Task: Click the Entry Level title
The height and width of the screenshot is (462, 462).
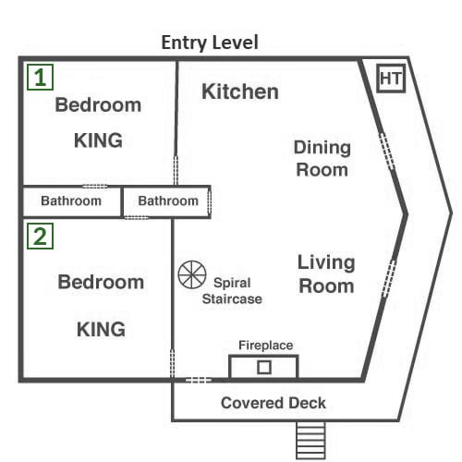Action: tap(210, 43)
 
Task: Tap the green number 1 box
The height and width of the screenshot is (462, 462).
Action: tap(41, 78)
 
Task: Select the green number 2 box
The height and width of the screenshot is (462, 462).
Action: tap(41, 237)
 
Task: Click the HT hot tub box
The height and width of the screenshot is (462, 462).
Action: tap(391, 79)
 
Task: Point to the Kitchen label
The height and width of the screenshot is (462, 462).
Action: tap(240, 91)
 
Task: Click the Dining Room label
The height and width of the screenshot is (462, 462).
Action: tap(322, 158)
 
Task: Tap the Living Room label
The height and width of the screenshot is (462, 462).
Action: tap(326, 274)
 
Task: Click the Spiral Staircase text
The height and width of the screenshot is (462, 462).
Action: tap(232, 291)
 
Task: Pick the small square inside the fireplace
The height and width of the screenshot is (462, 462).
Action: tap(264, 367)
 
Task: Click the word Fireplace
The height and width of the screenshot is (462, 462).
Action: tap(266, 346)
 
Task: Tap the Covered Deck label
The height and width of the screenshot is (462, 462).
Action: tap(274, 403)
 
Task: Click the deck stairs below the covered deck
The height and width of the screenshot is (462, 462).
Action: tap(310, 441)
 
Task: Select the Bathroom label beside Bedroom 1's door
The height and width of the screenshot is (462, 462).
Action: tap(71, 201)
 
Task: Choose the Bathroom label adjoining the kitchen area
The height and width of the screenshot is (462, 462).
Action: tap(168, 201)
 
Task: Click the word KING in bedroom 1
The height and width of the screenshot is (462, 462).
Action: tap(98, 140)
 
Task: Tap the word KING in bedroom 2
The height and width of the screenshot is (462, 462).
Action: tap(101, 329)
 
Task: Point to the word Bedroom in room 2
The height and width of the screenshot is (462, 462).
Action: tap(101, 282)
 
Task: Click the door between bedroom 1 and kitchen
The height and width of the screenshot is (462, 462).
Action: tap(176, 170)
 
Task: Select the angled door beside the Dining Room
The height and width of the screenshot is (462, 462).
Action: tap(386, 152)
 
